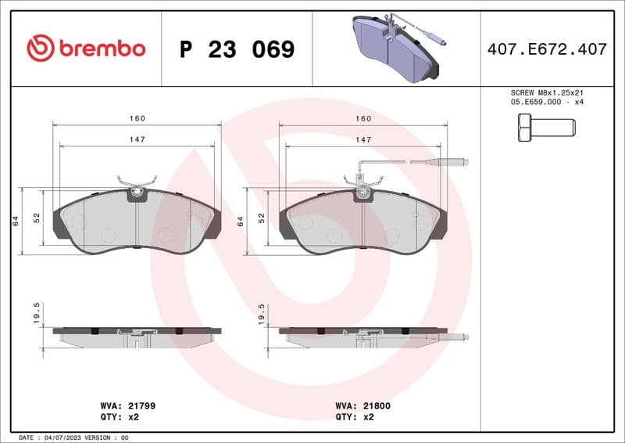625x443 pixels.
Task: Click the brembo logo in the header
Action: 86,49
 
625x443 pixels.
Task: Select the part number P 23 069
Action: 237,50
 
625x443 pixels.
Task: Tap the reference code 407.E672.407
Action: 546,49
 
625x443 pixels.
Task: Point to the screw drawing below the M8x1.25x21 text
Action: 546,127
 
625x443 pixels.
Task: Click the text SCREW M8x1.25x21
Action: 546,92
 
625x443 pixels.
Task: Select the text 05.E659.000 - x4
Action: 546,103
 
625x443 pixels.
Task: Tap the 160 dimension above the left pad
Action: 137,119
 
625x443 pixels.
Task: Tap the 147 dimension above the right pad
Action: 363,139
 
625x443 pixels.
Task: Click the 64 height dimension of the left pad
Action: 16,221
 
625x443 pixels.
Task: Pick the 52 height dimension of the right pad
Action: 262,219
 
